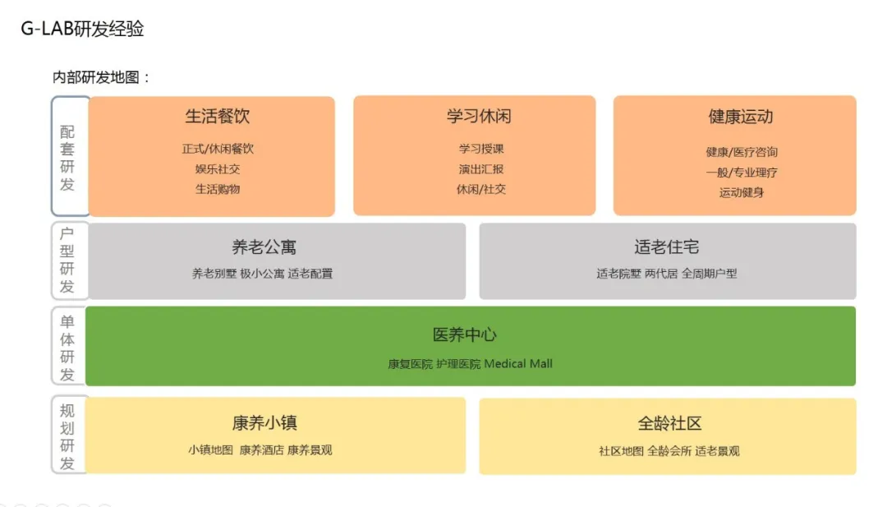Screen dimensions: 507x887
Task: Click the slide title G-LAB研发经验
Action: (x=83, y=30)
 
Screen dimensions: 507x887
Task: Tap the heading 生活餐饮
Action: (x=218, y=117)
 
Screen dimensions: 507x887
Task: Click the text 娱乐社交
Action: (x=218, y=169)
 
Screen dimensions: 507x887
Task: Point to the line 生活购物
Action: (x=218, y=189)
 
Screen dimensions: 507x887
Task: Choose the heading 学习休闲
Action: (x=479, y=117)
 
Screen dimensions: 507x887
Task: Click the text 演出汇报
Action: (x=481, y=169)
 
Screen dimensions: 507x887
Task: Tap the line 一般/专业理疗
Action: (x=742, y=173)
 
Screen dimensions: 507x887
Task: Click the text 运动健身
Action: (x=742, y=192)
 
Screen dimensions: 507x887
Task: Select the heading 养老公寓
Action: (x=264, y=247)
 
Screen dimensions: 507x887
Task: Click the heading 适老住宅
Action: (x=667, y=247)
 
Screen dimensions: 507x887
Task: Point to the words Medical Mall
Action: (x=518, y=363)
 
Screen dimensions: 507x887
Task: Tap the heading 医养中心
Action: (x=465, y=335)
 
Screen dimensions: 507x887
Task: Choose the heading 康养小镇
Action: (x=264, y=423)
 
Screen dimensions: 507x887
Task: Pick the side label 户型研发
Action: (x=67, y=260)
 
